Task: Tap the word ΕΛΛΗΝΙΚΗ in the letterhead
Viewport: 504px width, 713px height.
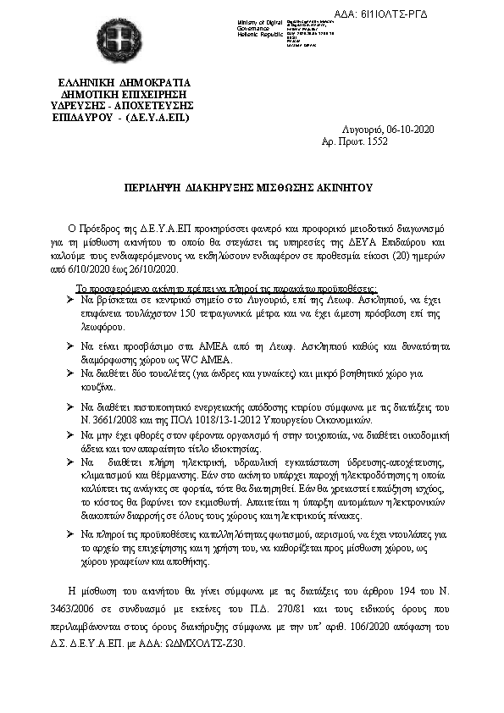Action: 85,83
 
